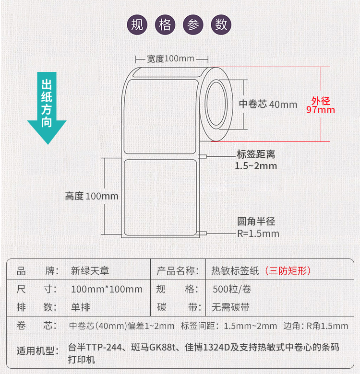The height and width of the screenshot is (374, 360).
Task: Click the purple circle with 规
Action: pyautogui.click(x=137, y=24)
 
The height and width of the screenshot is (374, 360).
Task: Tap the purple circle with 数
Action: pyautogui.click(x=221, y=24)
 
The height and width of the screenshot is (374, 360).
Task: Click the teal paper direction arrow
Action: pyautogui.click(x=47, y=108)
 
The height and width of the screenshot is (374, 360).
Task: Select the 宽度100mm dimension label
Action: pyautogui.click(x=170, y=58)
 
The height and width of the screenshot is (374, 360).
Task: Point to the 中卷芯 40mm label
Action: pyautogui.click(x=268, y=104)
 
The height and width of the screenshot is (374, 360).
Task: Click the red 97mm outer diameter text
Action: pyautogui.click(x=321, y=110)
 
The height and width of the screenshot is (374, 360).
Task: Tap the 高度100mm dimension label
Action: pyautogui.click(x=92, y=196)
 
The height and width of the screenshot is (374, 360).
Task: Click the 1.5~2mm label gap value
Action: pyautogui.click(x=256, y=166)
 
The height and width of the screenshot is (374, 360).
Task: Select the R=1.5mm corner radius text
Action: pyautogui.click(x=258, y=234)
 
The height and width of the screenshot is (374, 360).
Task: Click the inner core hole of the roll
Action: pyautogui.click(x=216, y=104)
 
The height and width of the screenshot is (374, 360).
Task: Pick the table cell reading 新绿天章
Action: pyautogui.click(x=90, y=271)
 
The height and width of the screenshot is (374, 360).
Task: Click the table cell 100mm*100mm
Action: pyautogui.click(x=107, y=289)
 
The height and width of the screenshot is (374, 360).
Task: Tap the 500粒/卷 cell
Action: pyautogui.click(x=232, y=289)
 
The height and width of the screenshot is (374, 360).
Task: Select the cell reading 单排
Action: pyautogui.click(x=81, y=307)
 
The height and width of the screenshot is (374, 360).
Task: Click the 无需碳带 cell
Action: pyautogui.click(x=230, y=307)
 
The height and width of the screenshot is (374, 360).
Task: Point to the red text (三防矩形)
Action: pyautogui.click(x=288, y=271)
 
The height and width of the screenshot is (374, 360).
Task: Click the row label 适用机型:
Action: pyautogui.click(x=38, y=351)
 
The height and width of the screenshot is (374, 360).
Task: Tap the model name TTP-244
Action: pyautogui.click(x=104, y=347)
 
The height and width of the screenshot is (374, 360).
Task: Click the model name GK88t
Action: pyautogui.click(x=162, y=347)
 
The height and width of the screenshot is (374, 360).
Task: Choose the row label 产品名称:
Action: pyautogui.click(x=178, y=271)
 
